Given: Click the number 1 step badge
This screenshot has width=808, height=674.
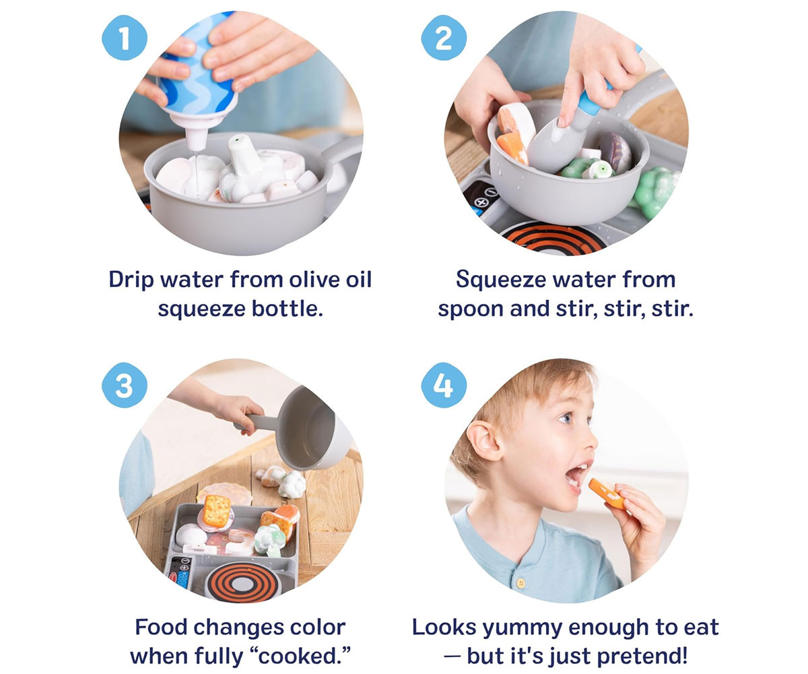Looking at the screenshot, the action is click(124, 38).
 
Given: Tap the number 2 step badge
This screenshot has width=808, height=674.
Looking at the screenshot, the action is click(444, 38).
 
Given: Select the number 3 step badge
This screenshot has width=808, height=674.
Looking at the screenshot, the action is click(124, 385).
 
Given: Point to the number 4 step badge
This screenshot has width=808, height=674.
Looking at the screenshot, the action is click(444, 385).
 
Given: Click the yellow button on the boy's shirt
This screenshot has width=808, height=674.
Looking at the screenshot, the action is click(520, 584).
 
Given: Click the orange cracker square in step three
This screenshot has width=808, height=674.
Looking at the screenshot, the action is click(216, 510).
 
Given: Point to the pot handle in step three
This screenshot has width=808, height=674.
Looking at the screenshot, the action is click(255, 422).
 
